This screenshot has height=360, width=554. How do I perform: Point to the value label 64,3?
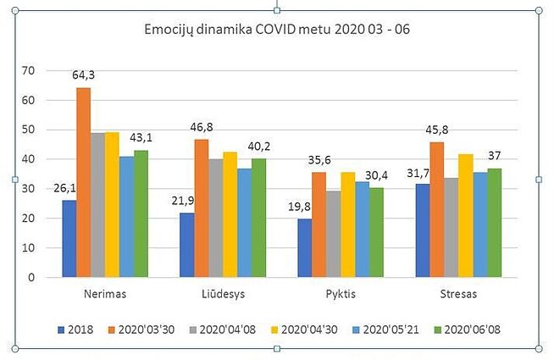tap(83, 75)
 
